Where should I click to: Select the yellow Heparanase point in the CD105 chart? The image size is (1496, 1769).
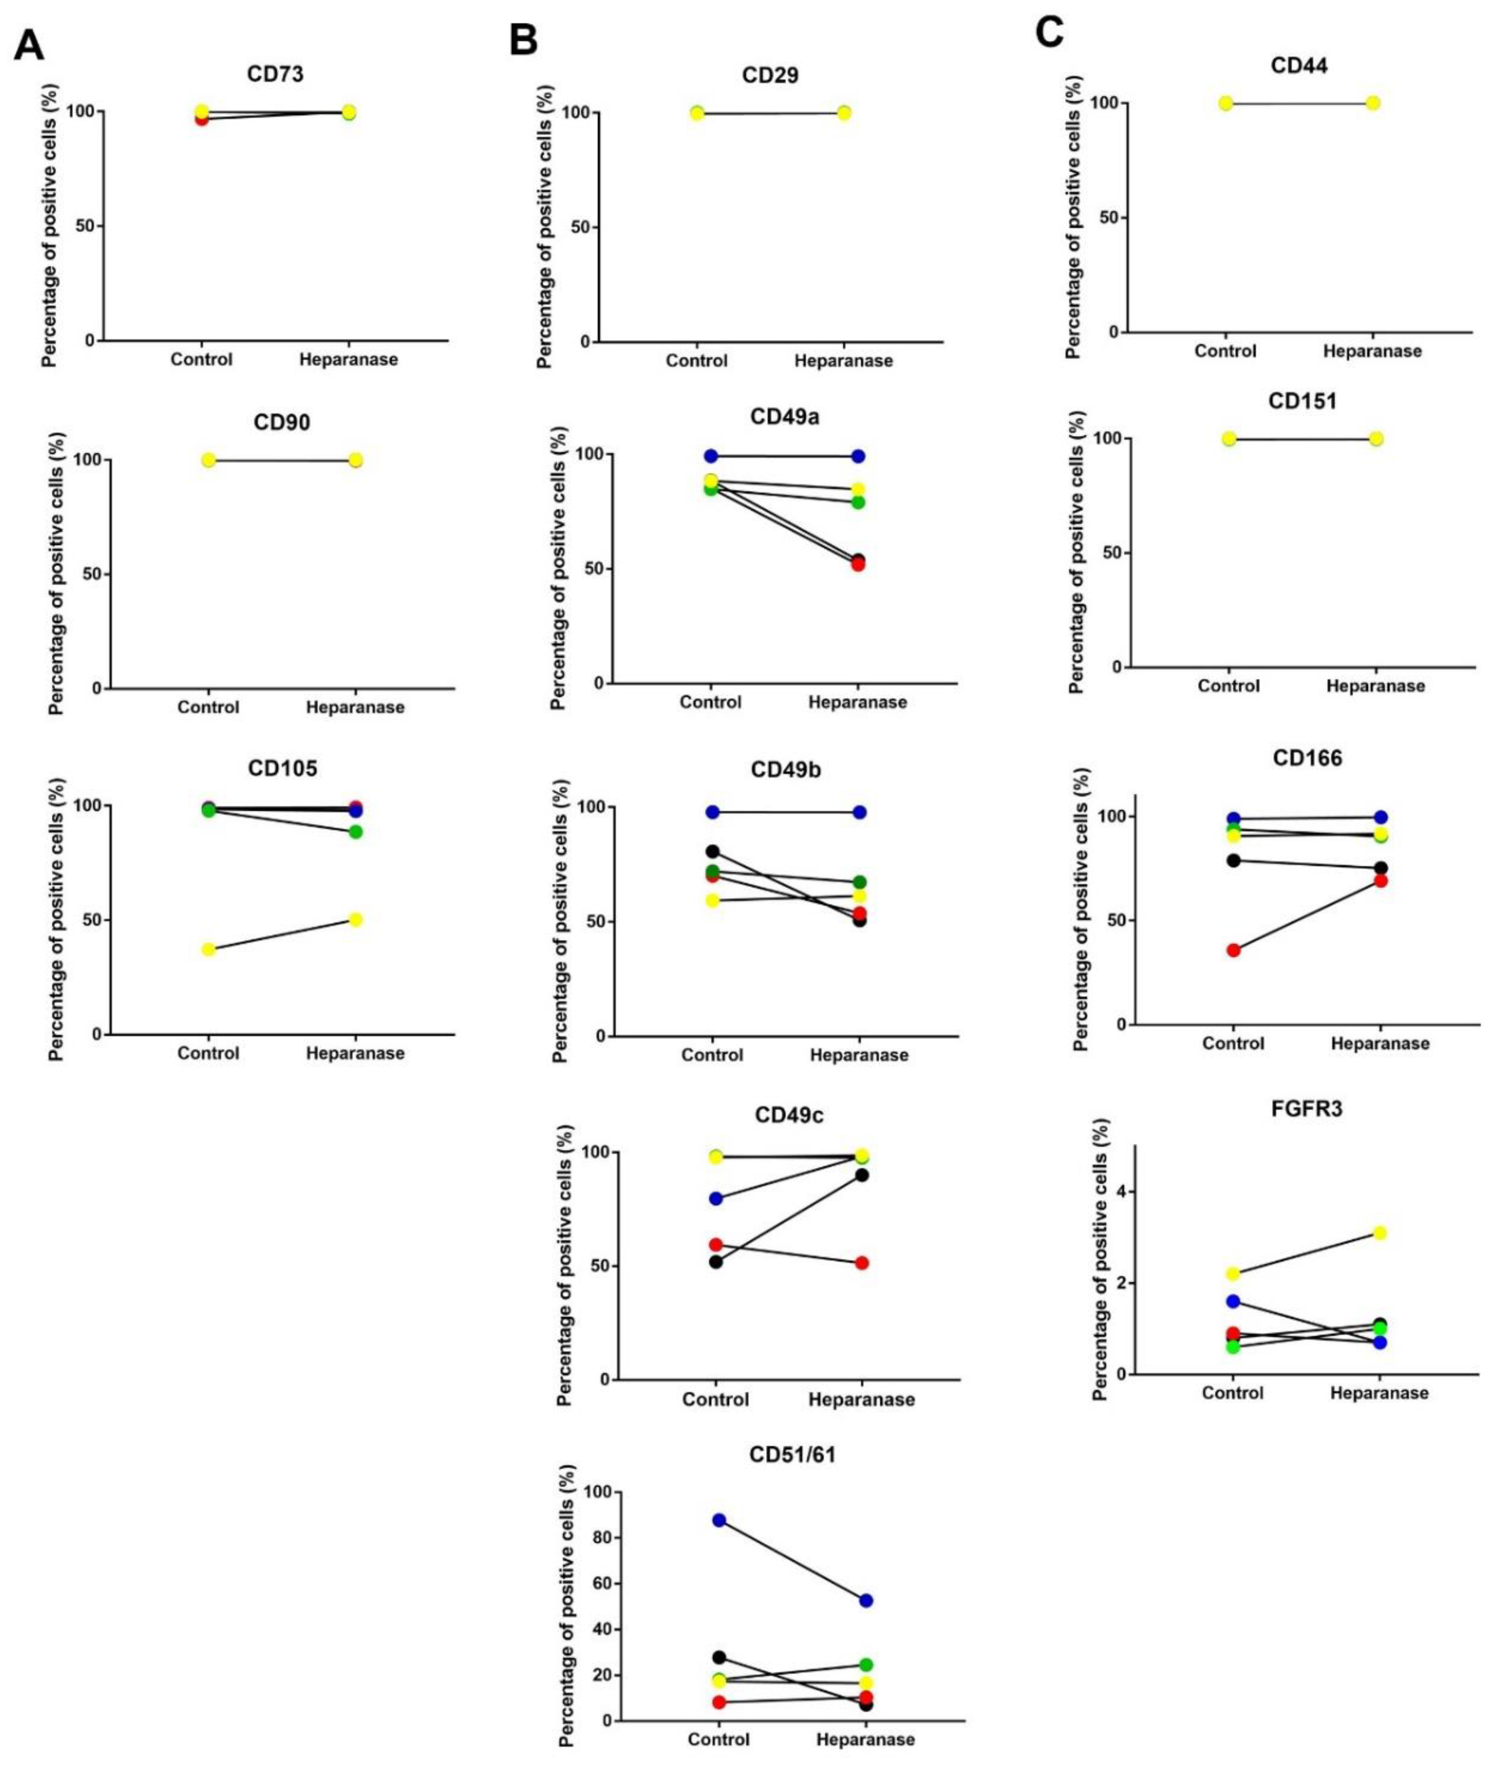356,919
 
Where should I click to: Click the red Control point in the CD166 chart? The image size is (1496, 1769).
1233,950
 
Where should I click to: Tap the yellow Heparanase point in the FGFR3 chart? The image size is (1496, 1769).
1379,1232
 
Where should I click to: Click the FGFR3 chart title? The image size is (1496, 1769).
1306,1109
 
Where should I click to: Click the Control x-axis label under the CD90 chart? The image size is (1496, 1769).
208,707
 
